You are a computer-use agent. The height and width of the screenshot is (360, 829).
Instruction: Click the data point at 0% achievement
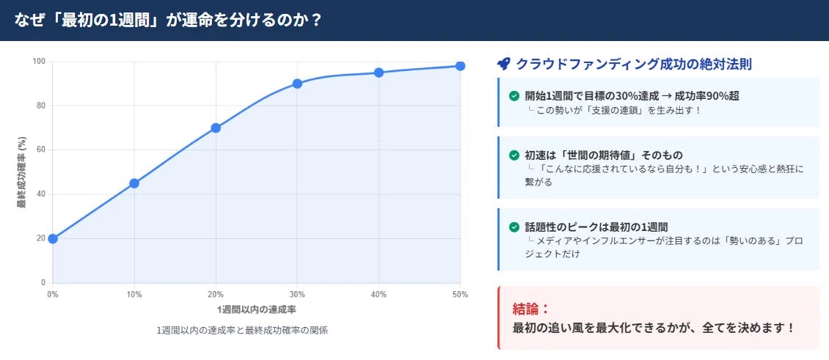click(53, 238)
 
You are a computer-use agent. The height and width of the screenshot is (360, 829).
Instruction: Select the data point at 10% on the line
click(134, 183)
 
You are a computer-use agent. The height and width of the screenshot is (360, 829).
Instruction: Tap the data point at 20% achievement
click(216, 128)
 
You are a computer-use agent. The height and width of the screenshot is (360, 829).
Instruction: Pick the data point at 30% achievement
click(297, 84)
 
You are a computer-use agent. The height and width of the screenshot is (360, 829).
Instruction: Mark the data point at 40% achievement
click(379, 73)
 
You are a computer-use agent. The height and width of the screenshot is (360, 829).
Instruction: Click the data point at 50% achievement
click(460, 66)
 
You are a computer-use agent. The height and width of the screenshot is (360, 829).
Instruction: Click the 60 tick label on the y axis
click(41, 150)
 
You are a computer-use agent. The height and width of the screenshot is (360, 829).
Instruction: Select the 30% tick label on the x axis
click(297, 294)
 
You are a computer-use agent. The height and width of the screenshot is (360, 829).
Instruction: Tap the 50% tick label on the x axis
click(460, 294)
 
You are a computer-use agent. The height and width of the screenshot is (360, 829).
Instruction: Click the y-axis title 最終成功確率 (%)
click(22, 172)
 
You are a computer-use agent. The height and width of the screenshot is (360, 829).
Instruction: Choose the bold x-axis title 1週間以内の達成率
click(256, 309)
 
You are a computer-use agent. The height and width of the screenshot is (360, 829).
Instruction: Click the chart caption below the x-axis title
click(242, 331)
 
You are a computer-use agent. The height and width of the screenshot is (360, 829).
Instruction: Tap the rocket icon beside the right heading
click(503, 64)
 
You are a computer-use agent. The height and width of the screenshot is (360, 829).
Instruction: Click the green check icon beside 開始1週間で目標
click(514, 95)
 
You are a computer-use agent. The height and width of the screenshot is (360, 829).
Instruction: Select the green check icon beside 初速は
click(514, 155)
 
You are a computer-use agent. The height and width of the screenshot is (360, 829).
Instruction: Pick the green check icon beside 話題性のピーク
click(514, 227)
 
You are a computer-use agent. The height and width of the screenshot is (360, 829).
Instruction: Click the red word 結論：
click(531, 308)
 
